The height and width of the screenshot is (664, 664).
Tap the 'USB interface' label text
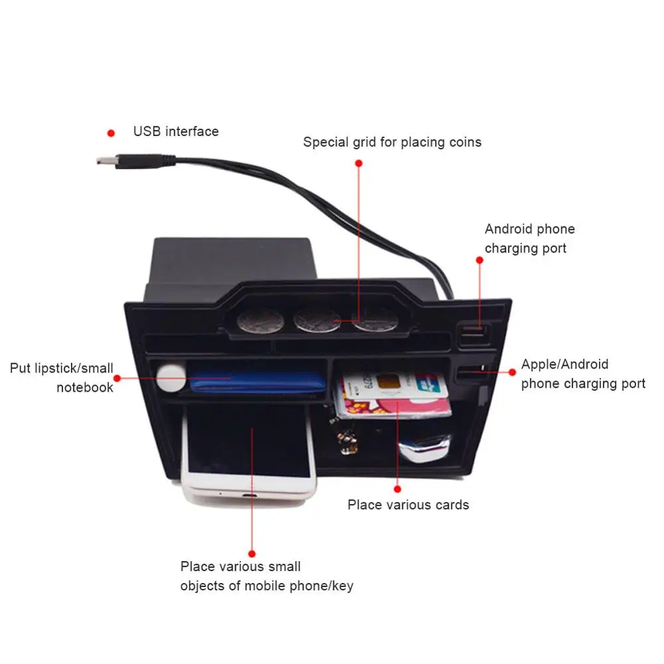176,131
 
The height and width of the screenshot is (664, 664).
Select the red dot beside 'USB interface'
111,133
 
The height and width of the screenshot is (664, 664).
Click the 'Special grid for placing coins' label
392,142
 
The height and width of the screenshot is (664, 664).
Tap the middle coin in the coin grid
317,321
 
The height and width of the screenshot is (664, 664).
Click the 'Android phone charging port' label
529,238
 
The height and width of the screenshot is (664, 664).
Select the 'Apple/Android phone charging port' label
582,374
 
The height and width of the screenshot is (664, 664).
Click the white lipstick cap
171,377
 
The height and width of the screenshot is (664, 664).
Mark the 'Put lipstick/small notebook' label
62,377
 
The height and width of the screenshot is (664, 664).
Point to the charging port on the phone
248,497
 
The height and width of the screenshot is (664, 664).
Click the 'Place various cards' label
408,505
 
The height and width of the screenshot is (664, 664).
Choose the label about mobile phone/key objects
266,576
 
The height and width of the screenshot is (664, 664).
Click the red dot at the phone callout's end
252,552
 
